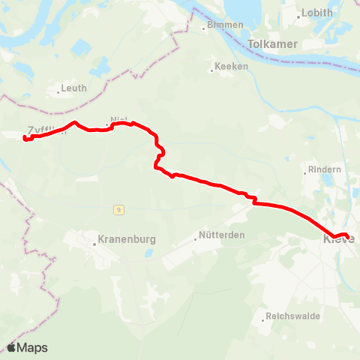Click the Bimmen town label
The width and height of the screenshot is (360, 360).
point(227,25)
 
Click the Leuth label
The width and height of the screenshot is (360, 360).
point(74,88)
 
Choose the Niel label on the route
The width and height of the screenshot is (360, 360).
point(118,120)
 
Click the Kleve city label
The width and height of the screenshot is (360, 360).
point(337,240)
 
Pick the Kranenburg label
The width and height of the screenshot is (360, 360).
point(127,241)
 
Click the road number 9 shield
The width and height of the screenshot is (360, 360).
point(118,208)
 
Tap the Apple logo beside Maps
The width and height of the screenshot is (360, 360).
point(11,347)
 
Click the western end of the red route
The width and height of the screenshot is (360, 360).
point(25,139)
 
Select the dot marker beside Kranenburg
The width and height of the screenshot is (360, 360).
point(93,241)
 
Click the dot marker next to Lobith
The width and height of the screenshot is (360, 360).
point(298,14)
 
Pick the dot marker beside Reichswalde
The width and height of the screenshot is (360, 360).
point(266,316)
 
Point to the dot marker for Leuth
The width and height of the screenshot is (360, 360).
point(58,93)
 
